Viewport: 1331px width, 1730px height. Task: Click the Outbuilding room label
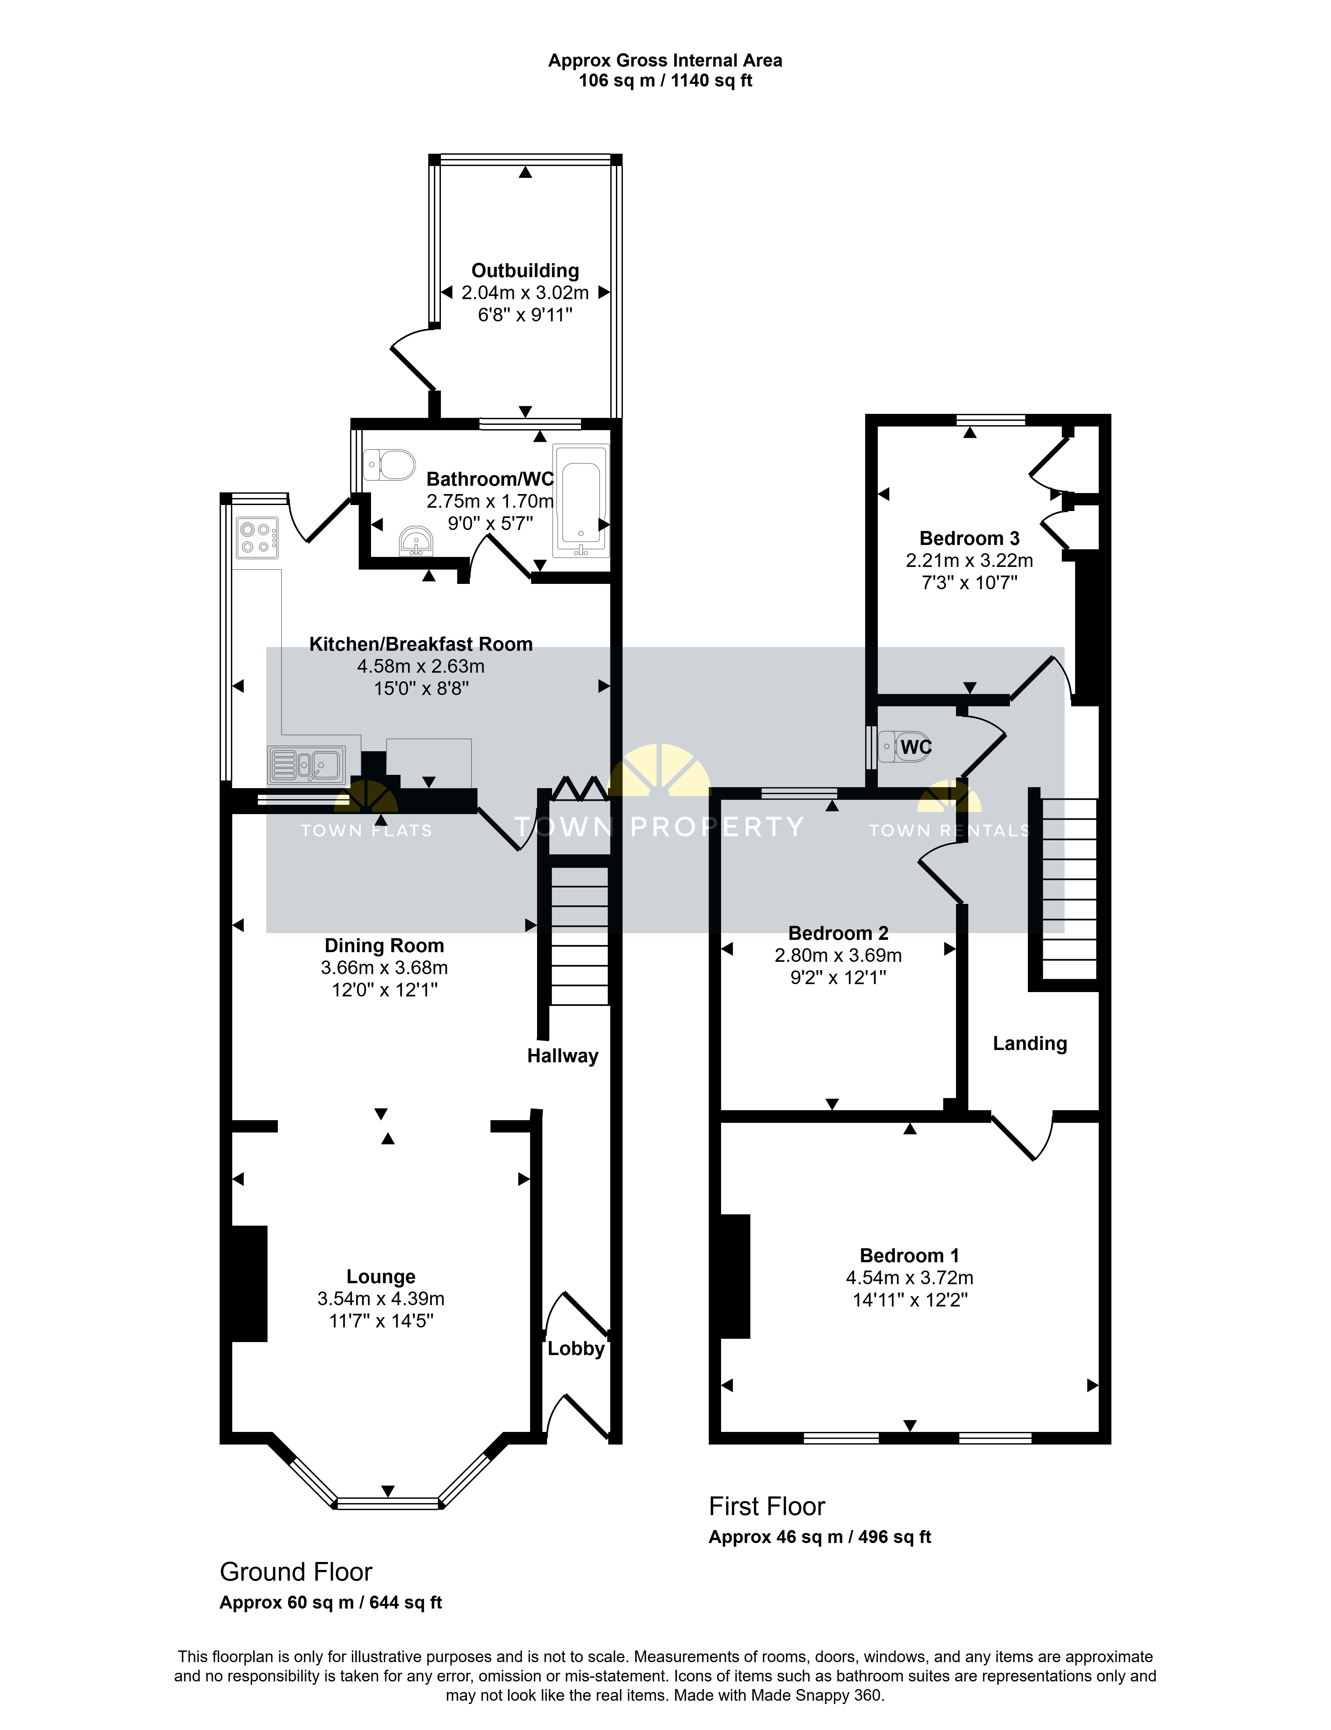[x=525, y=271]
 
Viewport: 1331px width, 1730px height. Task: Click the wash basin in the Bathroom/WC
[x=416, y=541]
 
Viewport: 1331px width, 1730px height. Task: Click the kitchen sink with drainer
[x=306, y=765]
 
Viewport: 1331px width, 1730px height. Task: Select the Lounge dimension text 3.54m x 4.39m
[x=381, y=1298]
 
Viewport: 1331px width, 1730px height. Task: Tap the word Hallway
[x=562, y=1056]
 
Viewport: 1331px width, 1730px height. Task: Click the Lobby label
[x=576, y=1348]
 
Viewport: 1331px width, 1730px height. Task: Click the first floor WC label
[x=916, y=747]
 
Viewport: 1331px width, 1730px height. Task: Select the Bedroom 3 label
[x=970, y=539]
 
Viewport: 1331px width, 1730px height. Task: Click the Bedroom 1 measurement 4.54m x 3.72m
[x=909, y=1278]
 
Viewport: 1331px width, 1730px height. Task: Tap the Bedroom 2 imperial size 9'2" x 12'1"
[x=838, y=977]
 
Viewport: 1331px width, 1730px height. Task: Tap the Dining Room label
[x=384, y=946]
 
